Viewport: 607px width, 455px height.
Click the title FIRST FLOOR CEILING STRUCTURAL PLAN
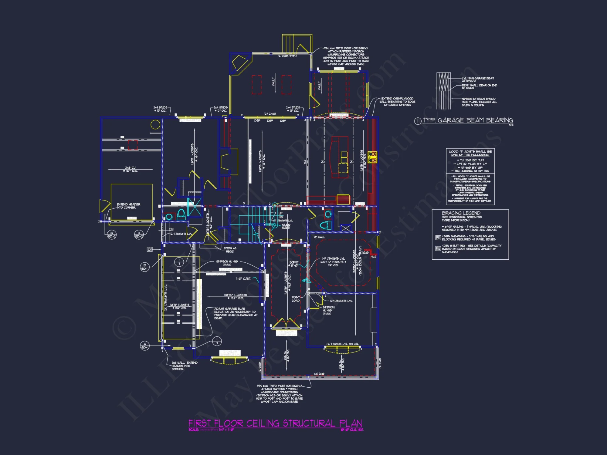coord(275,423)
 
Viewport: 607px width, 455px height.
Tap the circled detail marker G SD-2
coord(112,234)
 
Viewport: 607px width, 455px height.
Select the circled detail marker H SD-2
coord(139,234)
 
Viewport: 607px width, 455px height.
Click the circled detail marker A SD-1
coord(145,345)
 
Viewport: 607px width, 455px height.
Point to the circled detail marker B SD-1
coord(145,267)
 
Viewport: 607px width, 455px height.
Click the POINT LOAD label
coord(296,299)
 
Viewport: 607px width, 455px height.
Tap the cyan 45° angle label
coord(304,281)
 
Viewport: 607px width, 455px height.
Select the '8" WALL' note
coord(319,237)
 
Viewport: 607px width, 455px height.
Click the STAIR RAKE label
coord(286,226)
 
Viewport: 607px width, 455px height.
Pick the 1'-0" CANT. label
coord(243,278)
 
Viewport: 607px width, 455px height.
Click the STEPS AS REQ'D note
coord(230,250)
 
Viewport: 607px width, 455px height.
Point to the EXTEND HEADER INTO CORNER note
coord(128,206)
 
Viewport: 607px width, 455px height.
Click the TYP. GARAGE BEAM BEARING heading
coord(468,120)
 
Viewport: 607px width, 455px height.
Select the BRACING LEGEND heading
coord(461,213)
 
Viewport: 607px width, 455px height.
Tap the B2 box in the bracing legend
coord(438,248)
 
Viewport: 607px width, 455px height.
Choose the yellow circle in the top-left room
coord(155,124)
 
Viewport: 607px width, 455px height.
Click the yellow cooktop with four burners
coord(372,157)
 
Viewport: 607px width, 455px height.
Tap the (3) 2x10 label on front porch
coord(319,374)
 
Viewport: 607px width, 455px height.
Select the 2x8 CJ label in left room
coord(130,169)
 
